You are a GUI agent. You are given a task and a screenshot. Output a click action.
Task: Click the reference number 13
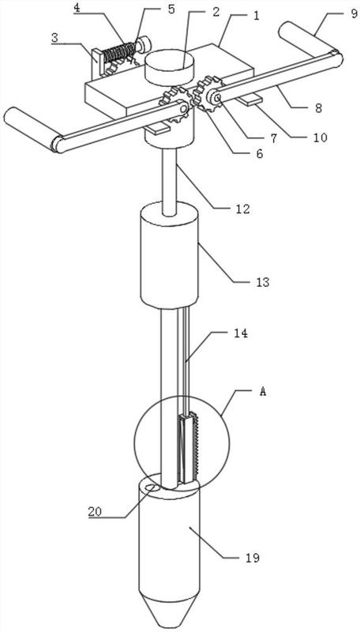262,282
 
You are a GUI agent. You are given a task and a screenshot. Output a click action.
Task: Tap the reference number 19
253,558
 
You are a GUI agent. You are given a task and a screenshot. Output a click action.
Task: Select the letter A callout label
262,391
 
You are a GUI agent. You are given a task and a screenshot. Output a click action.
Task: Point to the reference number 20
96,511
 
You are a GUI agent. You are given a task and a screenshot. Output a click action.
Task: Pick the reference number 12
243,209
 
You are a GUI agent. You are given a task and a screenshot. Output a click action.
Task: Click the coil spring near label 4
119,52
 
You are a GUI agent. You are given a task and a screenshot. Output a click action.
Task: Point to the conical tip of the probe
169,612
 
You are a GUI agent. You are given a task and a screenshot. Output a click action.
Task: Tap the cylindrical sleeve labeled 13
169,254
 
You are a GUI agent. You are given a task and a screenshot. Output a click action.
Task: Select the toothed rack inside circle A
196,446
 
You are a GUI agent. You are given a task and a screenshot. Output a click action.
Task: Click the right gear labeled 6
208,94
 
